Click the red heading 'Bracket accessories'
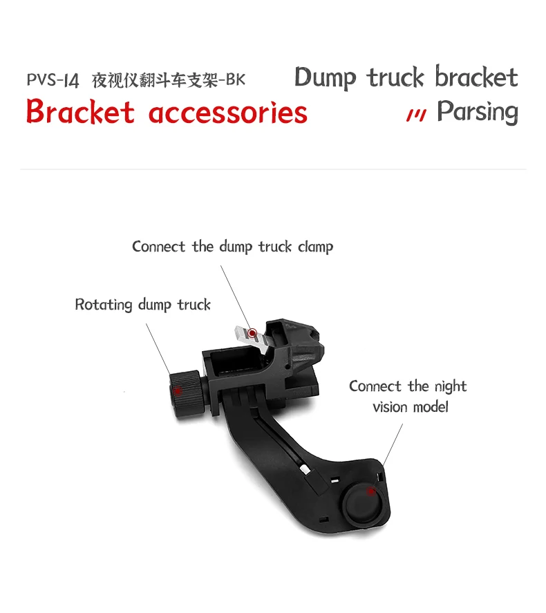pos(167,112)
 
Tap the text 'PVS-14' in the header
pos(53,80)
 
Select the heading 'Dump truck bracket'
pos(406,77)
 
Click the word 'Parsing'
pos(477,112)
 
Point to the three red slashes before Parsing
pos(415,115)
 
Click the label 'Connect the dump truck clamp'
pos(232,247)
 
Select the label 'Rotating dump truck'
pos(142,304)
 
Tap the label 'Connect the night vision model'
pos(408,396)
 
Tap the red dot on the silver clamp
pos(253,333)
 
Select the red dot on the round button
pos(372,491)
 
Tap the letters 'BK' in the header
pos(236,80)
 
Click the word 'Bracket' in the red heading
pos(80,112)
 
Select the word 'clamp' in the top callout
pos(315,247)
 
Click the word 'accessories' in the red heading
pos(228,112)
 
